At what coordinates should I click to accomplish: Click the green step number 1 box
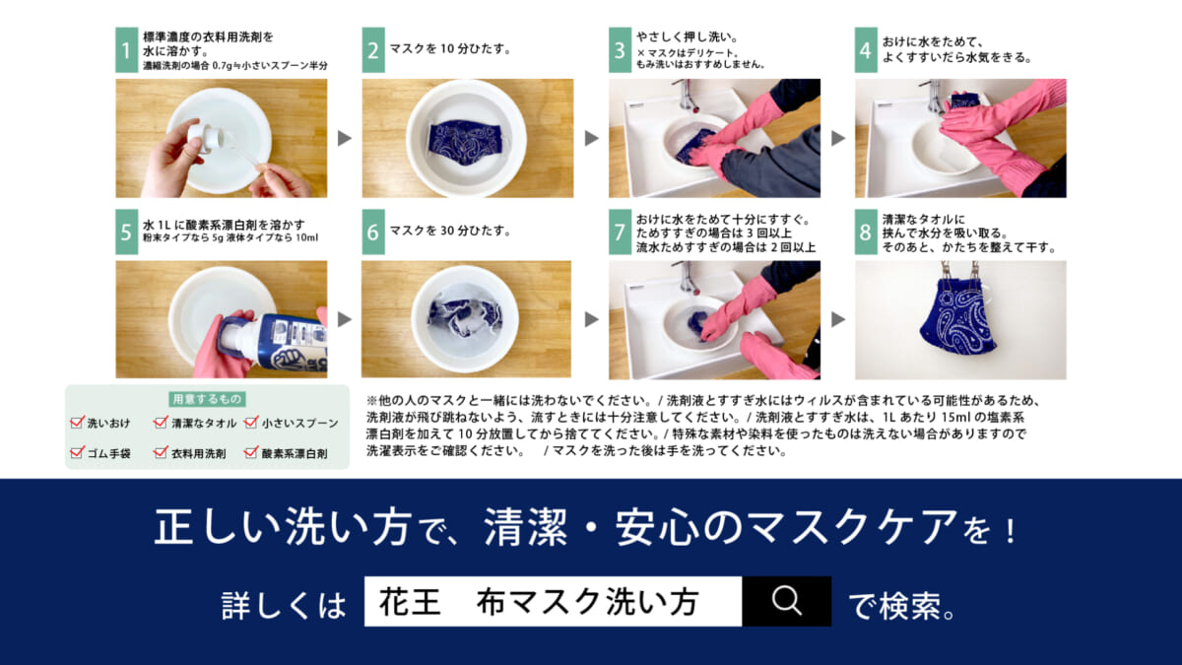[127, 50]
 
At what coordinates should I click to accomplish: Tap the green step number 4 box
[866, 50]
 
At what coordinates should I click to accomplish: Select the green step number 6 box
[373, 232]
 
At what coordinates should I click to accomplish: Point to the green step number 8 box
[866, 232]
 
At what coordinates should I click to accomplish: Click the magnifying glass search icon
[786, 601]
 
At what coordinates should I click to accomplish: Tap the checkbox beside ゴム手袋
[77, 452]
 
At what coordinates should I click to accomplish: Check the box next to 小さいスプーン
[251, 422]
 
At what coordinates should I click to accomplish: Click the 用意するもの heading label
[207, 399]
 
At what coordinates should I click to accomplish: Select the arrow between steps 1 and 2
[345, 138]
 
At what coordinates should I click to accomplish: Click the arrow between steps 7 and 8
[838, 319]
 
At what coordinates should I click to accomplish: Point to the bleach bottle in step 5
[272, 342]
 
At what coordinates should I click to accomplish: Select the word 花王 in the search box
[410, 602]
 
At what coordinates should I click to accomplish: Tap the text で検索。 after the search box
[902, 606]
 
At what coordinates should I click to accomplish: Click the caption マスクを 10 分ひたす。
[449, 49]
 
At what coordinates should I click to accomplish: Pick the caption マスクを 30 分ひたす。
[449, 232]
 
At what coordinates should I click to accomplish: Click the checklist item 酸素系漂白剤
[295, 453]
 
